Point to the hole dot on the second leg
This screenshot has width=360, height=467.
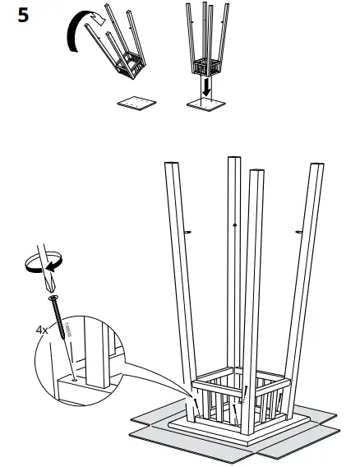[x=236, y=224]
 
